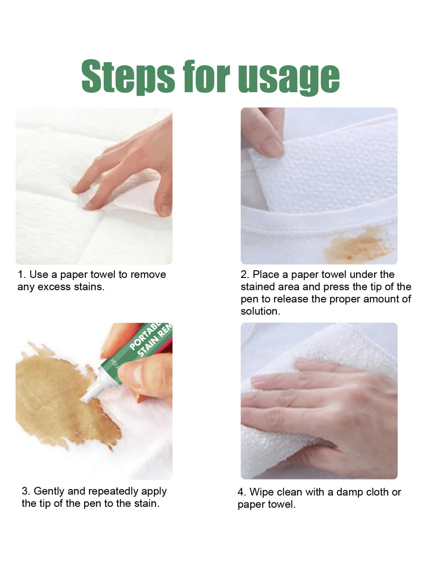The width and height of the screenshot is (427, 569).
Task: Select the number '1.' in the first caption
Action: [x=21, y=275]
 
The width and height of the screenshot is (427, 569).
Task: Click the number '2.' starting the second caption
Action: [x=245, y=275]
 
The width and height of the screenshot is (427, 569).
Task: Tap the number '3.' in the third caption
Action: [x=26, y=491]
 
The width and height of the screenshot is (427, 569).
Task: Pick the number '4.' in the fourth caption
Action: [x=242, y=492]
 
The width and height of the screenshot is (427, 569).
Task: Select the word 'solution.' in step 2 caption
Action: [x=260, y=311]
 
